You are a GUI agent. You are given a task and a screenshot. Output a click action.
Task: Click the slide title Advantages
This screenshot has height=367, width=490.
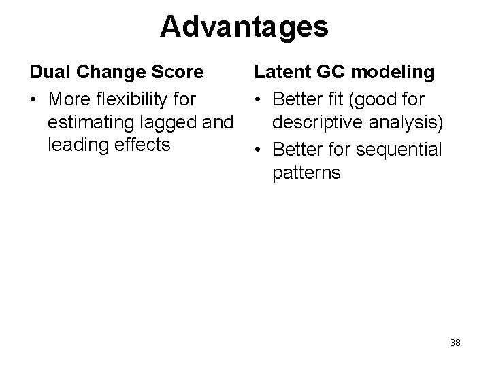click(244, 27)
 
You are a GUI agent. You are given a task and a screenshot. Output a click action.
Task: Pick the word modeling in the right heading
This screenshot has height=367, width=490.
click(395, 73)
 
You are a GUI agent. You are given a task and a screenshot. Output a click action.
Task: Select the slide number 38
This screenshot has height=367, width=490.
click(455, 343)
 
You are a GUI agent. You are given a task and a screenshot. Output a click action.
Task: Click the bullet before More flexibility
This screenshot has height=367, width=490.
click(32, 100)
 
